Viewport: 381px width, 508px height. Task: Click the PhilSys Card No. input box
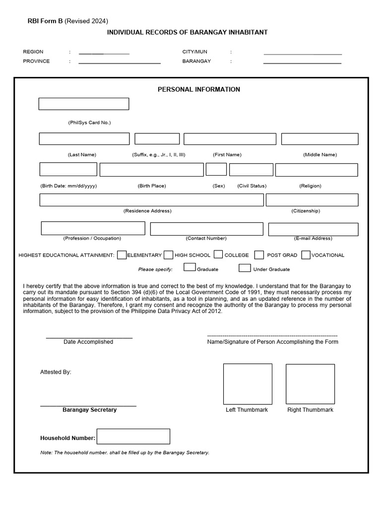point(83,104)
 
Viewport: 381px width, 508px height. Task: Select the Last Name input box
point(84,139)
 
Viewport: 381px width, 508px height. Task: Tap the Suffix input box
point(157,139)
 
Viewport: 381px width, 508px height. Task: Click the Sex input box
point(216,170)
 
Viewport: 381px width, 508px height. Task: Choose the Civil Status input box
point(251,170)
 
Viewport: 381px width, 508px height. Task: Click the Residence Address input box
point(151,200)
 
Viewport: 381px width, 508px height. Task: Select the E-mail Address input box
point(313,229)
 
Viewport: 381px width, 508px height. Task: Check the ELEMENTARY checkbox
point(122,255)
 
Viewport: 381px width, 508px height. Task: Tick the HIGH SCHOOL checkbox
point(168,255)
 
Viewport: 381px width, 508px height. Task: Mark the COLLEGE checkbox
point(218,255)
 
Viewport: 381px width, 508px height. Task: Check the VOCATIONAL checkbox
point(306,255)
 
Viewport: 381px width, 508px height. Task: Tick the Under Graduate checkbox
point(245,268)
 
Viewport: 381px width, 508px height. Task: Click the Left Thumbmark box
point(248,384)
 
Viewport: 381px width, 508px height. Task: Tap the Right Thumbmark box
point(310,384)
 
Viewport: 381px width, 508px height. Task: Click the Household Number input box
point(133,437)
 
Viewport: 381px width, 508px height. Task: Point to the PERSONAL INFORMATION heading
point(198,89)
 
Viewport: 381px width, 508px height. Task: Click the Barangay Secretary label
point(89,410)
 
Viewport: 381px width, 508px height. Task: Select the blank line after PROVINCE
point(120,62)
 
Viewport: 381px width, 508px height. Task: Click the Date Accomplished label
point(88,342)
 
